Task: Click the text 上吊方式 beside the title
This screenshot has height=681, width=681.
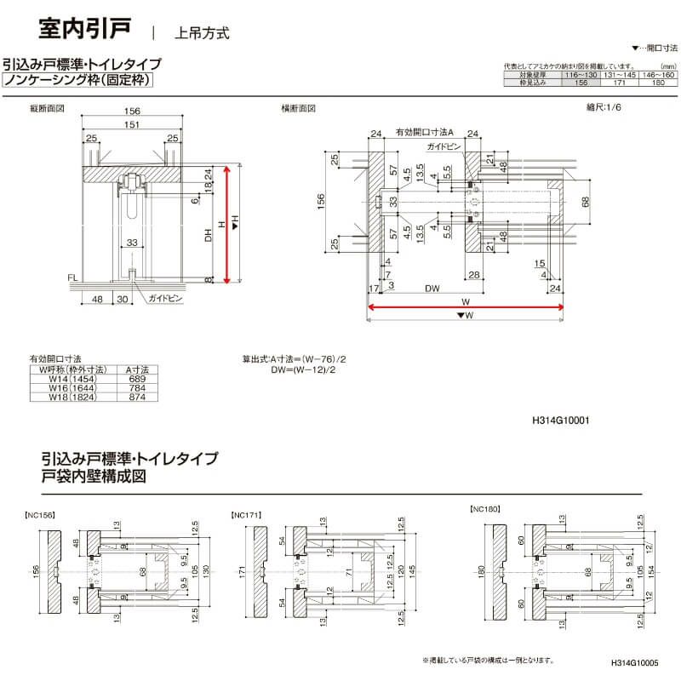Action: pos(202,34)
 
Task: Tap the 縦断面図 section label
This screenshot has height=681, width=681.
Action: pos(47,109)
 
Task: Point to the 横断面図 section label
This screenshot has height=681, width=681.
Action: pos(299,109)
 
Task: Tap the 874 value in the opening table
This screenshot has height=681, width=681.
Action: pos(136,397)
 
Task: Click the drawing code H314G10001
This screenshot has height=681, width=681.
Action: pos(560,420)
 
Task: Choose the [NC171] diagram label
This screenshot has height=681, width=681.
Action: pos(246,515)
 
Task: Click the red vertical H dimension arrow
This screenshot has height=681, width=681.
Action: pos(226,225)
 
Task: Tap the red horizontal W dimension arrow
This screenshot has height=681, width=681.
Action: pos(465,307)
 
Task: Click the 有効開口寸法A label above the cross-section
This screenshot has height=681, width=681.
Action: pos(426,133)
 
